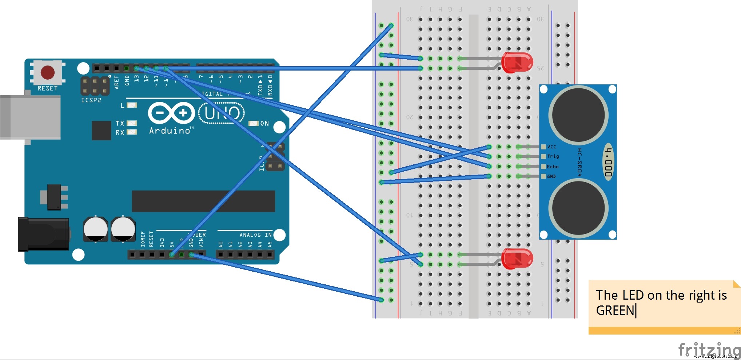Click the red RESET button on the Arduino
pyautogui.click(x=48, y=72)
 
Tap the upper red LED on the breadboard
pyautogui.click(x=517, y=63)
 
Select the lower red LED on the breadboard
pyautogui.click(x=517, y=259)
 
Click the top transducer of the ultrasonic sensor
pyautogui.click(x=578, y=115)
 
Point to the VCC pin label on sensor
pyautogui.click(x=551, y=147)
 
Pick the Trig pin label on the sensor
pyautogui.click(x=553, y=156)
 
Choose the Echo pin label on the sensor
pyautogui.click(x=553, y=167)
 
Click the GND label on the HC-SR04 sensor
pyautogui.click(x=551, y=176)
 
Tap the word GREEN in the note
pyautogui.click(x=615, y=311)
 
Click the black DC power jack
pyautogui.click(x=44, y=234)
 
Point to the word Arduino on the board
pyautogui.click(x=170, y=131)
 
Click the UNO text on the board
pyautogui.click(x=222, y=113)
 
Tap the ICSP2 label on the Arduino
pyautogui.click(x=91, y=100)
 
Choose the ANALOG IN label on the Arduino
pyautogui.click(x=255, y=235)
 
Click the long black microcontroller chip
pyautogui.click(x=203, y=201)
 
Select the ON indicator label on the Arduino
pyautogui.click(x=264, y=124)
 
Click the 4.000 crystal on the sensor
pyautogui.click(x=608, y=163)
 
